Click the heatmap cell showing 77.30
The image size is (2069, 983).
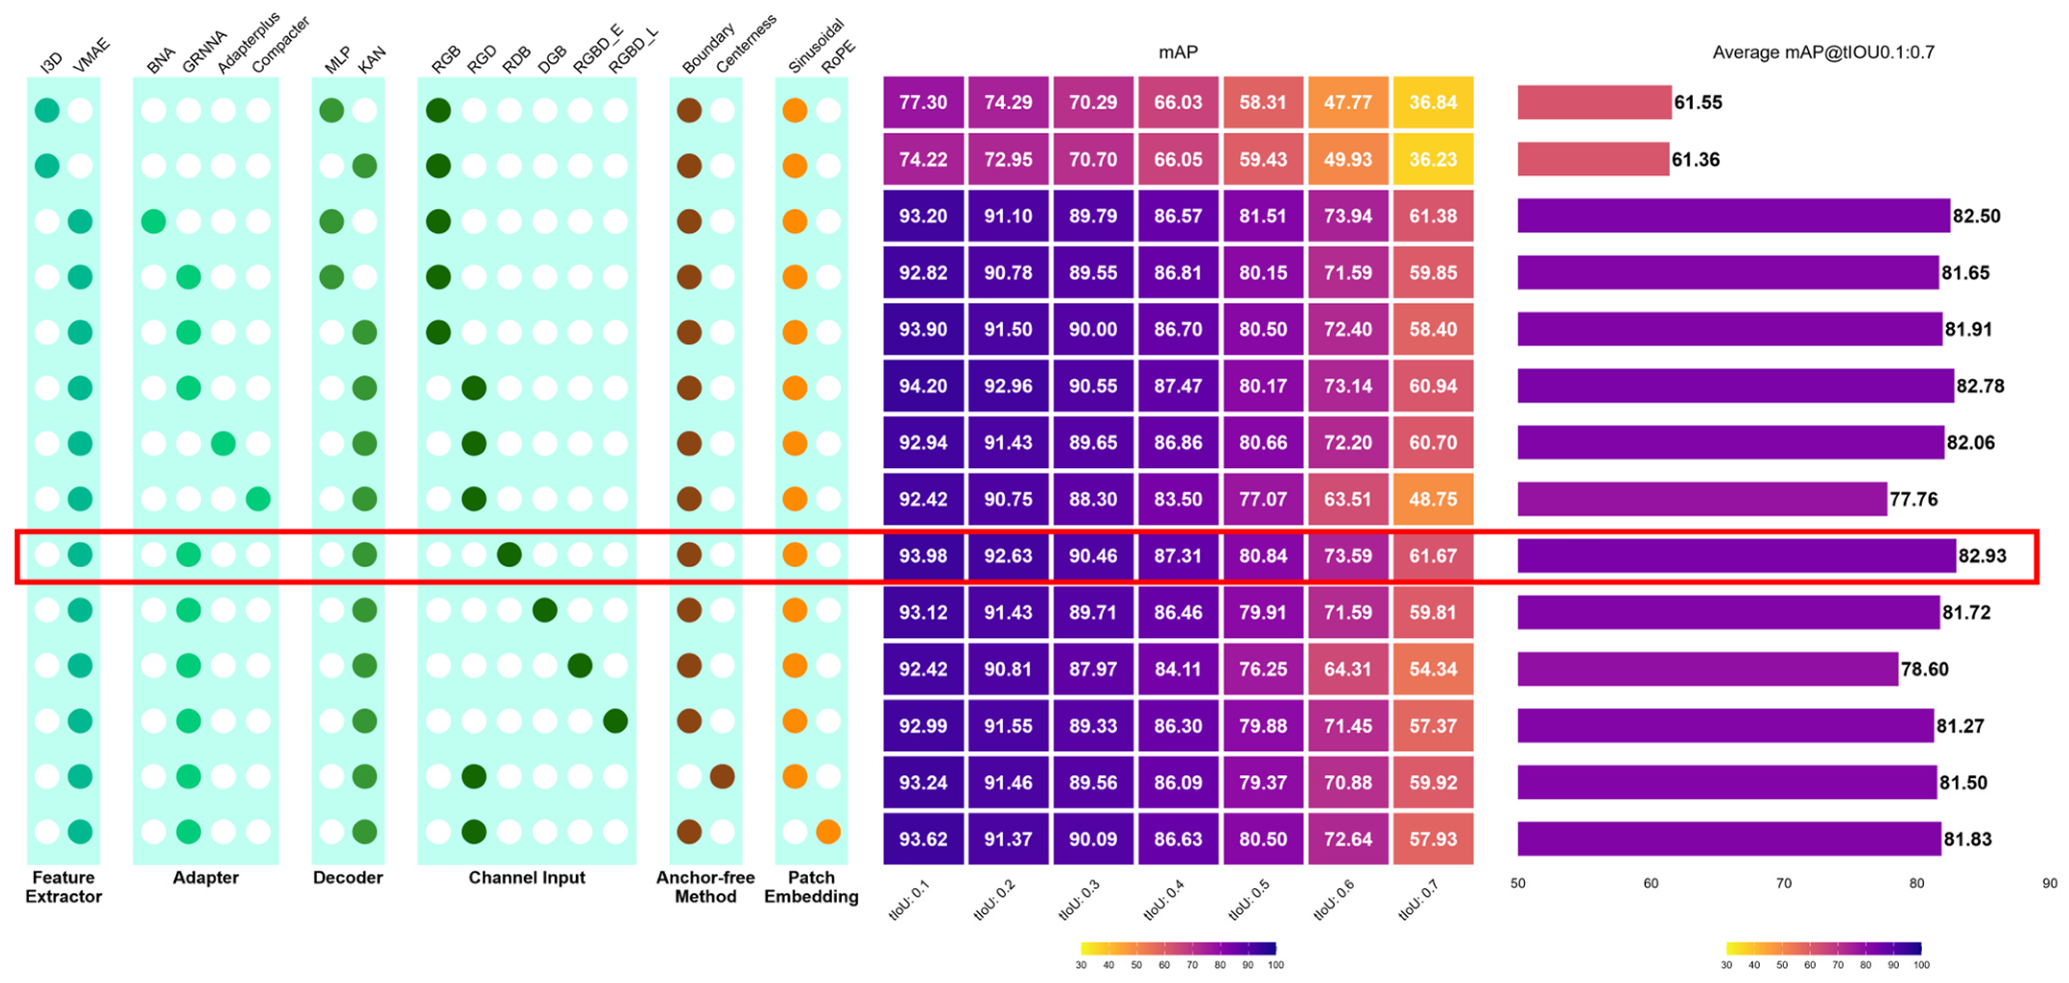pos(923,103)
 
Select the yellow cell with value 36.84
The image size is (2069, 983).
pos(1433,103)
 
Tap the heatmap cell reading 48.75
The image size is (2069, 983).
pos(1433,500)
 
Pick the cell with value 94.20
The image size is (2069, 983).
pos(923,386)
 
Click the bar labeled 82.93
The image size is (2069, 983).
pos(1736,556)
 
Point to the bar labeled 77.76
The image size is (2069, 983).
pos(1701,500)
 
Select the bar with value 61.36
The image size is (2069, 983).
pos(1593,160)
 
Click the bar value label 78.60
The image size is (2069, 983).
pos(1924,669)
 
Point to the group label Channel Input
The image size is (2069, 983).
pos(527,878)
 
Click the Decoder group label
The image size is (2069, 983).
pos(348,878)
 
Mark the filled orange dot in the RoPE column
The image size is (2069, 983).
pos(828,832)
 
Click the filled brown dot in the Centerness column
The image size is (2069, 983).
pos(722,777)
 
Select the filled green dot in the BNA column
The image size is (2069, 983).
pos(153,221)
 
